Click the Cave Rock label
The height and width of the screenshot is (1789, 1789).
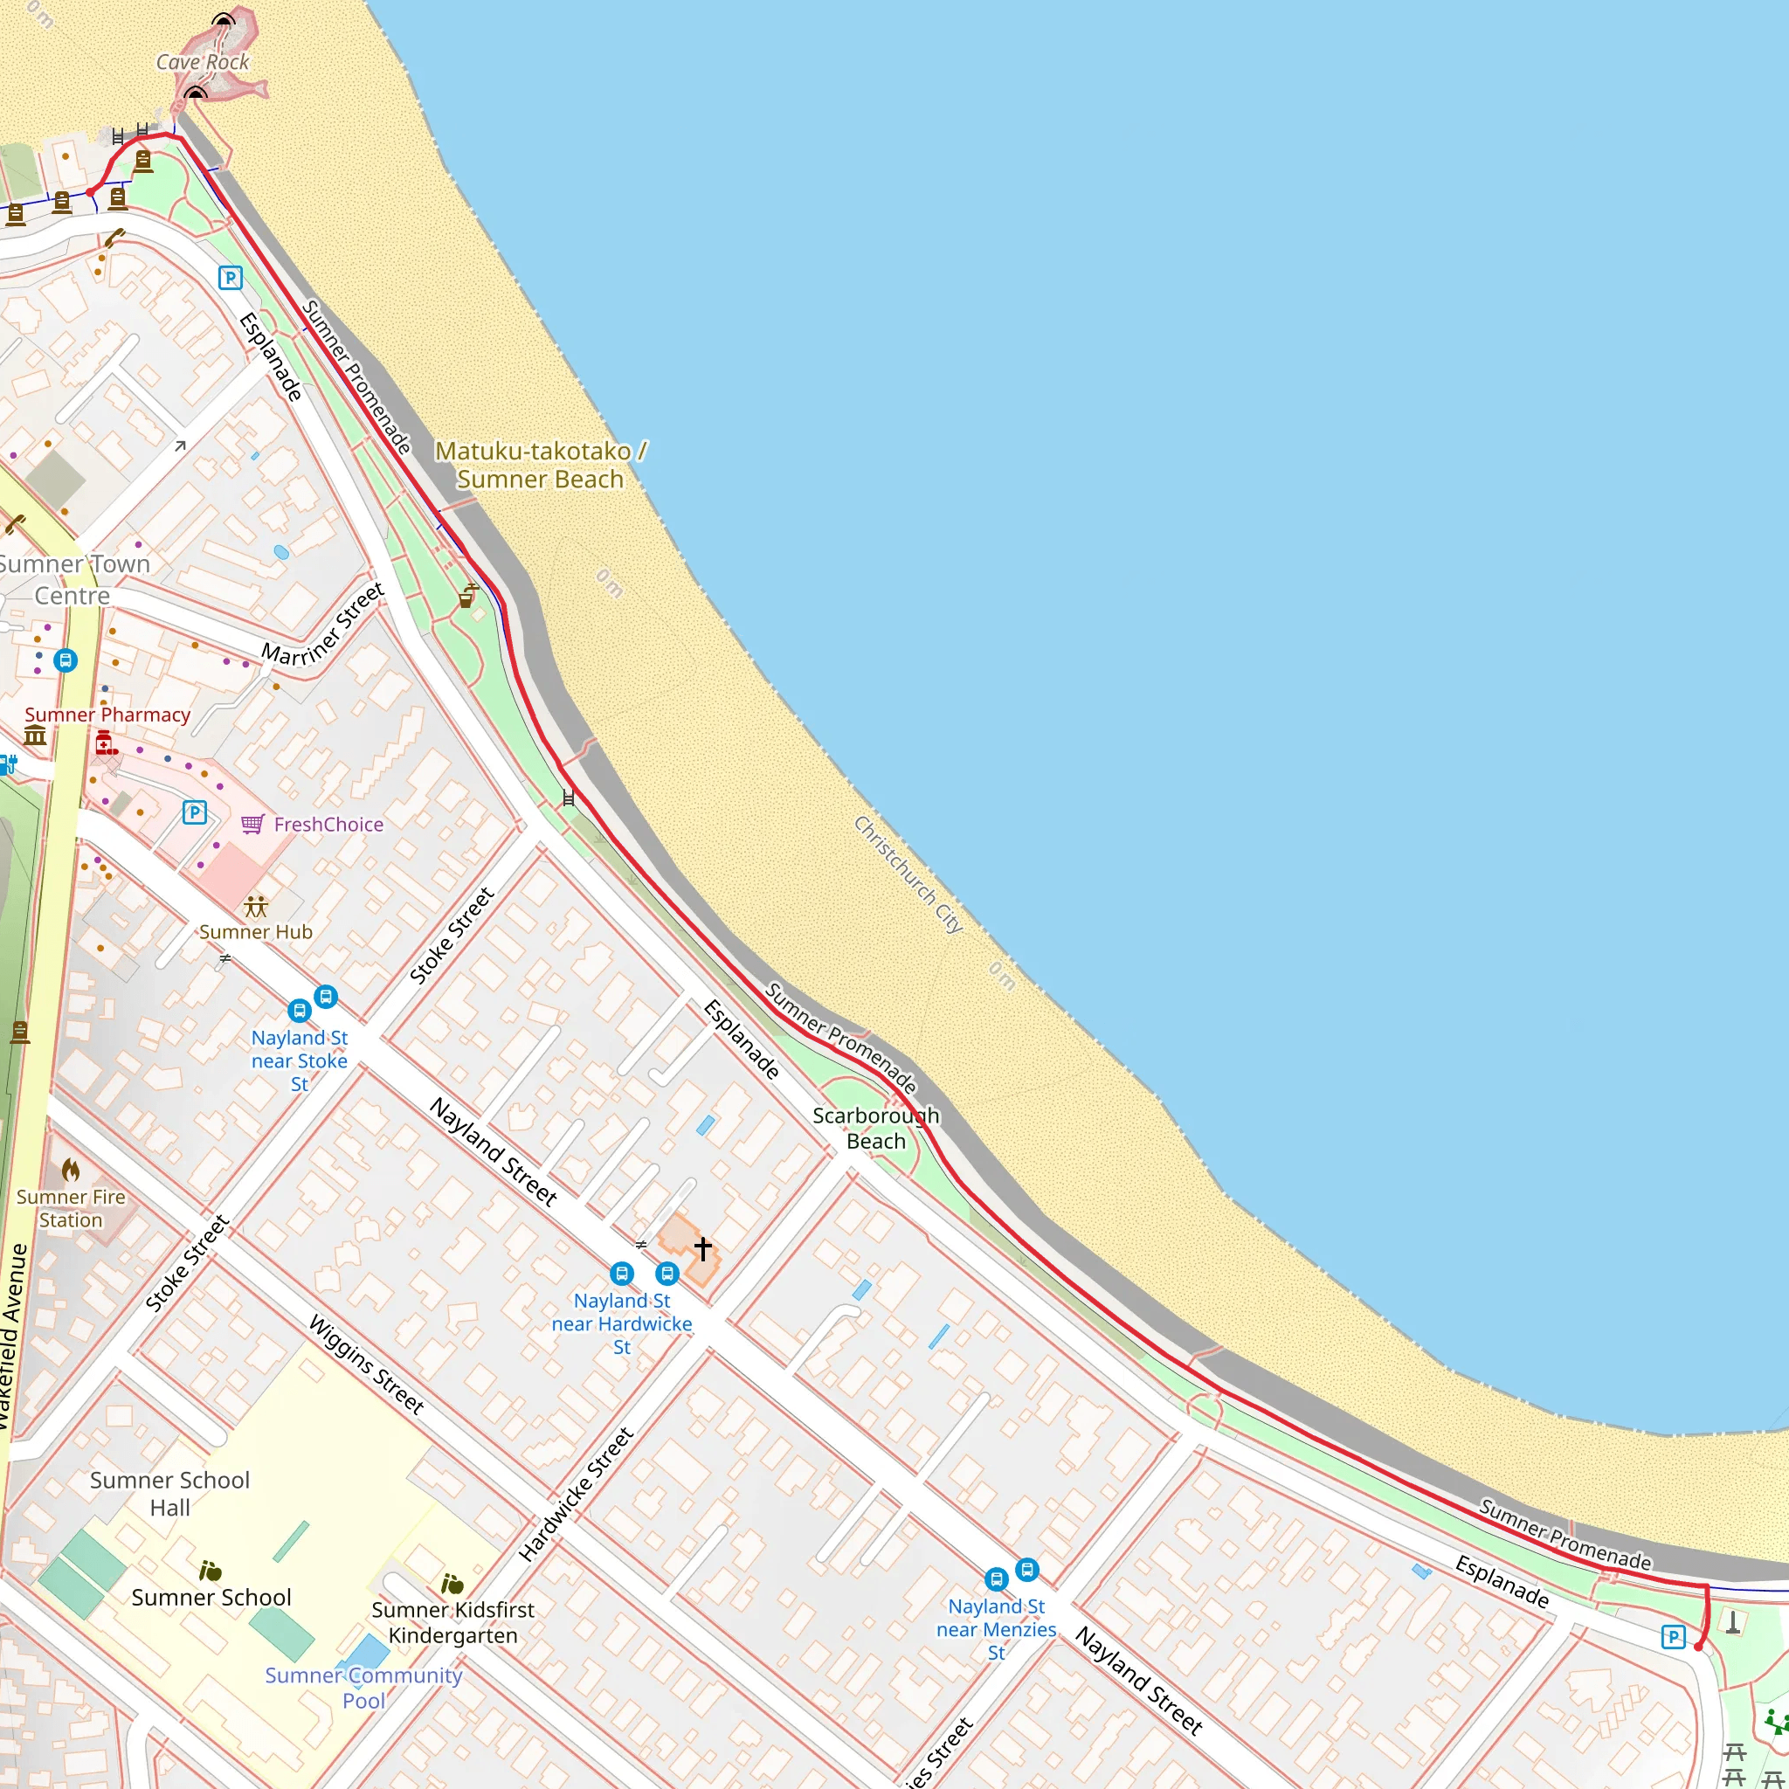pos(202,62)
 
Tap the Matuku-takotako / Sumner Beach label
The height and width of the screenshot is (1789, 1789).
pos(541,465)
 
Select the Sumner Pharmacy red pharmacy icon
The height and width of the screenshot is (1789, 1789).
pos(105,742)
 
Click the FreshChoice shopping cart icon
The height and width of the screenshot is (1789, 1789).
pos(252,824)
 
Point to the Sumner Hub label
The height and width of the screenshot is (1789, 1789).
pos(256,931)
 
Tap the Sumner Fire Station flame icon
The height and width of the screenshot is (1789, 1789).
pos(72,1171)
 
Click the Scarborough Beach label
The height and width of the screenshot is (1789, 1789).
pos(875,1128)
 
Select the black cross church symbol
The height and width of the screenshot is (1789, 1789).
pos(703,1248)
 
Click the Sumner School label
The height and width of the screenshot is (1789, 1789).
pos(211,1598)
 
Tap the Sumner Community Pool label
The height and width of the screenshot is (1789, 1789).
pos(363,1687)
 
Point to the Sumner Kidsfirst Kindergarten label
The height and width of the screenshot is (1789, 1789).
pos(452,1622)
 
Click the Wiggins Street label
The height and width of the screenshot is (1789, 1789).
pos(367,1364)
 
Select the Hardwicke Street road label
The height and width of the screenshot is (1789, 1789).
pos(576,1495)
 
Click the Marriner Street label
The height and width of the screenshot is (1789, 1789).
pos(322,625)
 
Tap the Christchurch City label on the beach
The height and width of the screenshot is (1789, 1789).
pos(908,874)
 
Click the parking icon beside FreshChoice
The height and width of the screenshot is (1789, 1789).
pos(195,812)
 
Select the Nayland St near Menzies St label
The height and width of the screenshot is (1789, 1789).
pos(997,1629)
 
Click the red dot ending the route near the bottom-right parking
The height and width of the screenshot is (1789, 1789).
pos(1697,1647)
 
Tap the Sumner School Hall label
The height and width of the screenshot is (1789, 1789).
pos(169,1493)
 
